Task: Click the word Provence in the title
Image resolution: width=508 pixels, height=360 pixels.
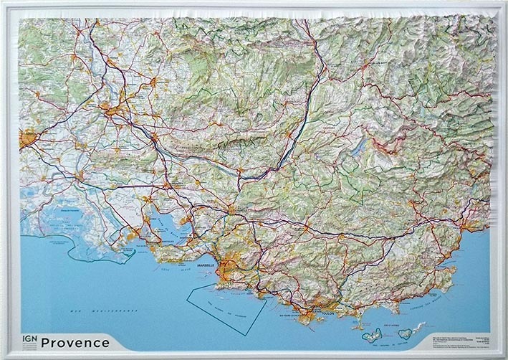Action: click(x=75, y=342)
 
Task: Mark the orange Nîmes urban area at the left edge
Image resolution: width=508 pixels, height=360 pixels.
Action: click(x=28, y=137)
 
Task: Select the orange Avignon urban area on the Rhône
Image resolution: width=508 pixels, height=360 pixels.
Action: click(x=108, y=110)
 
